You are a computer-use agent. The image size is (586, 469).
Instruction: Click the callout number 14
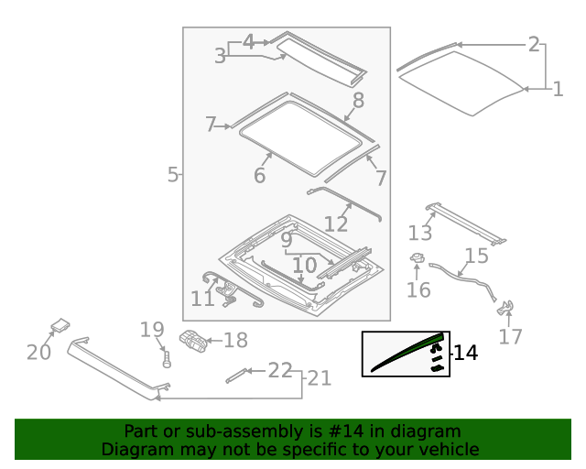point(465,353)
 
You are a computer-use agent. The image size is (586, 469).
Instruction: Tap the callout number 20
point(38,352)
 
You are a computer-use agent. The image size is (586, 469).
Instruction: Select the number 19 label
point(152,331)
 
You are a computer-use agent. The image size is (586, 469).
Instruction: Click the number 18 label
point(235,341)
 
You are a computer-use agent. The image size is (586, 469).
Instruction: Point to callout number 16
point(418,291)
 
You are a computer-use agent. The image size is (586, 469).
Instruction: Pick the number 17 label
point(510,337)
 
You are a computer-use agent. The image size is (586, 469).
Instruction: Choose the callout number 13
point(419,233)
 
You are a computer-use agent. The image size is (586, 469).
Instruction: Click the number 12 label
point(336,224)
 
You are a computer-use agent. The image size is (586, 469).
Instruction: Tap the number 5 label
point(173,174)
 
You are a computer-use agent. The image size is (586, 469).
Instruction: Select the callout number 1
point(558,89)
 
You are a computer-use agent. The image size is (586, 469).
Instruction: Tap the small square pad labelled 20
point(60,324)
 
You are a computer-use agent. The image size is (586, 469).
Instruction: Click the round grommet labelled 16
point(417,260)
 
